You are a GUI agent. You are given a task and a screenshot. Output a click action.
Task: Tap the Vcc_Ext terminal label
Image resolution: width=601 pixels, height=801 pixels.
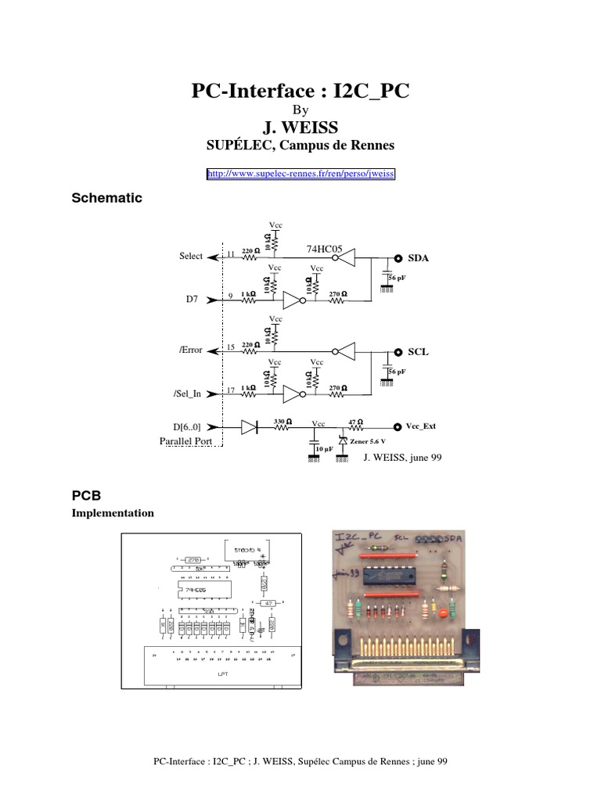[420, 426]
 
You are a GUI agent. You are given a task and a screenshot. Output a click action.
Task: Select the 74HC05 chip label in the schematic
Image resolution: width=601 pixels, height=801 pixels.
[326, 250]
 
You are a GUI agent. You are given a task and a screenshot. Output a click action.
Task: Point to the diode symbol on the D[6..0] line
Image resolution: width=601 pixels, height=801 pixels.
[249, 427]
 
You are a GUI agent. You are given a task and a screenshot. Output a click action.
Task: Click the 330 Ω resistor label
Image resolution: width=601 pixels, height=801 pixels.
[283, 421]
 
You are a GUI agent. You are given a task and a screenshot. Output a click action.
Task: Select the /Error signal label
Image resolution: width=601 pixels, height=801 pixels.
[190, 350]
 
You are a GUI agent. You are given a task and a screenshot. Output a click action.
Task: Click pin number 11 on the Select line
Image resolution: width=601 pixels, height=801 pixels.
[231, 254]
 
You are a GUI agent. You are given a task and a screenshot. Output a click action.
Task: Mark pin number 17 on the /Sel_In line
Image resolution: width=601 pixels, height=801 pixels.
[231, 389]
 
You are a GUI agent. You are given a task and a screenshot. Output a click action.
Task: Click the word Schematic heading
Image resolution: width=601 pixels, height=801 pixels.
[107, 198]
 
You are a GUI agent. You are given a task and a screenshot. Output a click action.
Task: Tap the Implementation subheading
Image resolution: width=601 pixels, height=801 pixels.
[113, 513]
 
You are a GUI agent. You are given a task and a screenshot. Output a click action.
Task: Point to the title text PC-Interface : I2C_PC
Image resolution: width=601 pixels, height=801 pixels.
[300, 92]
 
